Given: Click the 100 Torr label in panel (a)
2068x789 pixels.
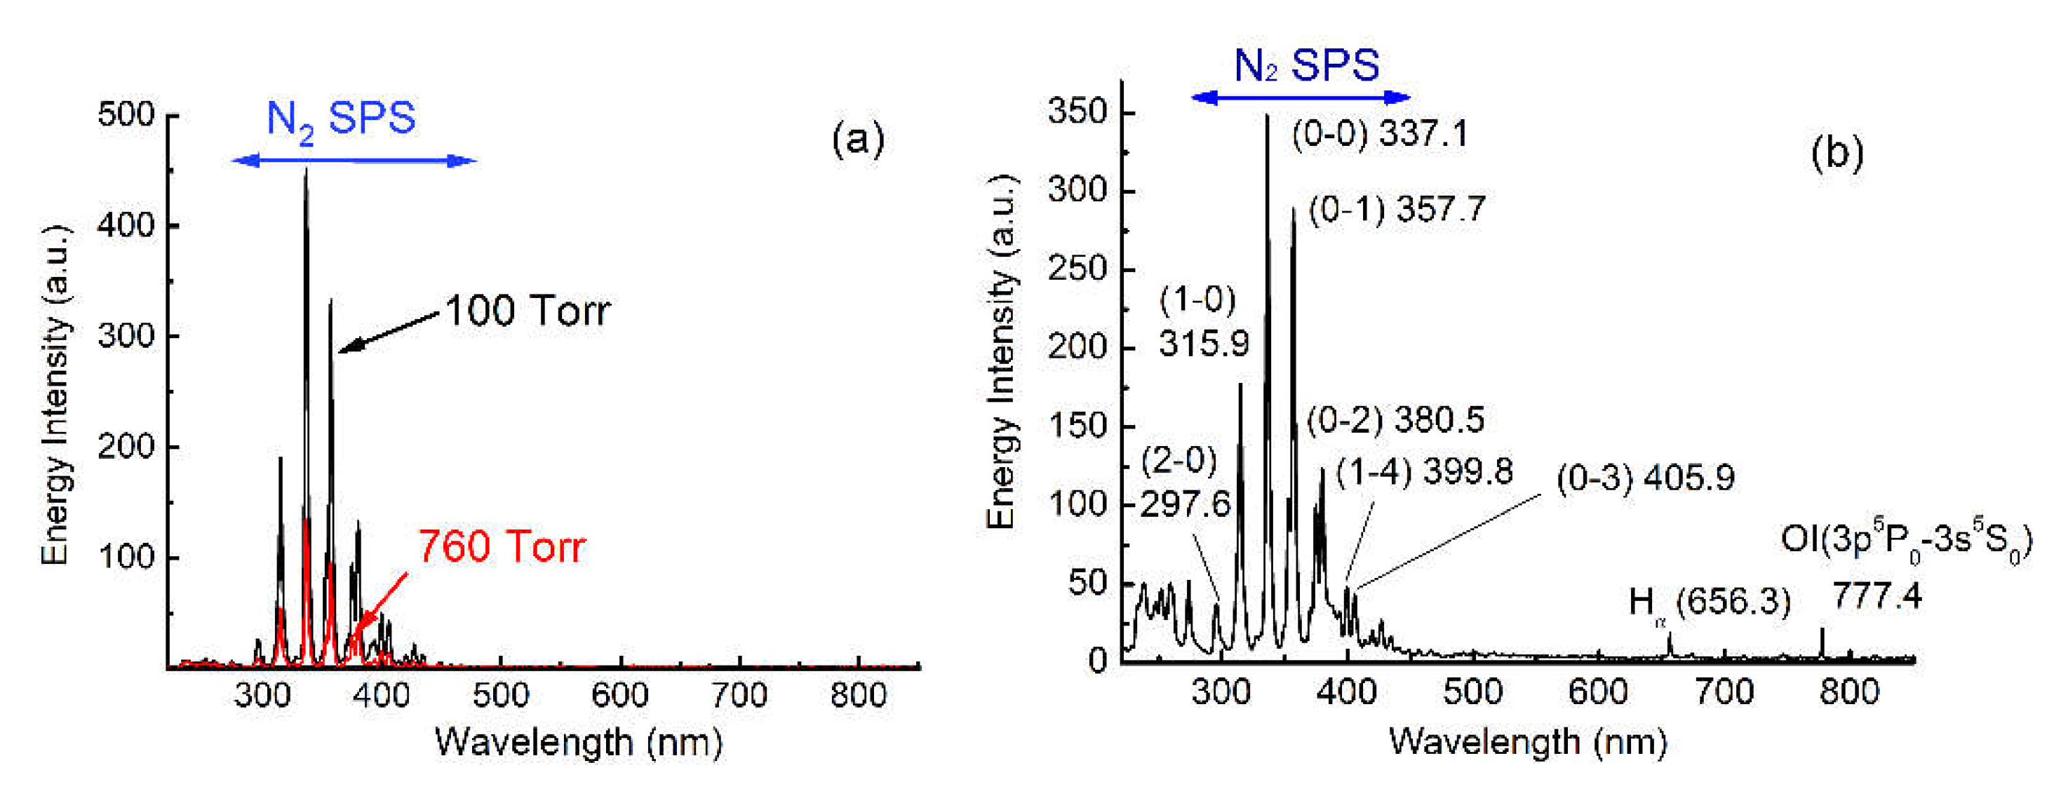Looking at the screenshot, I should click(x=528, y=311).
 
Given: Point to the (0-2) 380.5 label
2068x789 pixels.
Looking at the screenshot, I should click(x=1395, y=420).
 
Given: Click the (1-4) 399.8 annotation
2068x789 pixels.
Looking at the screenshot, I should click(x=1424, y=472).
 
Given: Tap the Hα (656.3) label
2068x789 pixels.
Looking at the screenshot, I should click(x=1709, y=602).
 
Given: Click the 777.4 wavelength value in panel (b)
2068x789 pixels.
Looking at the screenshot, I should click(x=1877, y=596).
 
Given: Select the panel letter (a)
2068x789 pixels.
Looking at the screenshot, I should click(x=857, y=139).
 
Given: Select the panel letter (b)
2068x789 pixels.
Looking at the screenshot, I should click(x=1837, y=151).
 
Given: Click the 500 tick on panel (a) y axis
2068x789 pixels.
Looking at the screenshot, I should click(x=126, y=114).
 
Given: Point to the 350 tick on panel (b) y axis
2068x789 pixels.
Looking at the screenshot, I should click(x=1078, y=112).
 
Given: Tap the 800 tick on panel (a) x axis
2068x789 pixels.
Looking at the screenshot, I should click(x=858, y=694).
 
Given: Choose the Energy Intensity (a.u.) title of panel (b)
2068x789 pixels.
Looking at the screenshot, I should click(x=1001, y=351).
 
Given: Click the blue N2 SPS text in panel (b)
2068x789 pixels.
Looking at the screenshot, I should click(x=1306, y=65).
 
